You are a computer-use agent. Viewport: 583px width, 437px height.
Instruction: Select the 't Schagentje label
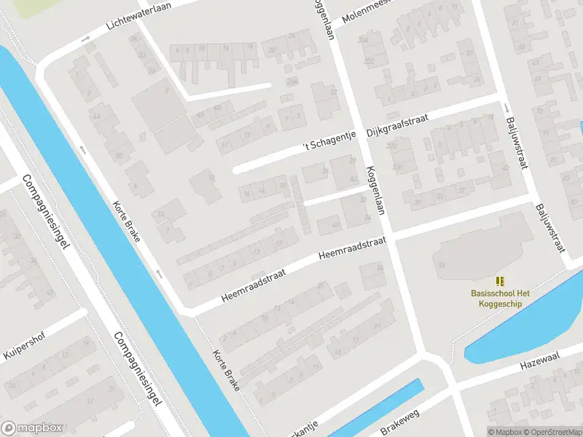click(327, 145)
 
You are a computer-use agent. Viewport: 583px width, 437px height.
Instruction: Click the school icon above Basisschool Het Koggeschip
click(500, 280)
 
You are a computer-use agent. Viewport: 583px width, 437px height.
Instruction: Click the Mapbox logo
click(31, 428)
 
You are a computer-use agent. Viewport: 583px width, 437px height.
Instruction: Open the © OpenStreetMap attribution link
click(551, 432)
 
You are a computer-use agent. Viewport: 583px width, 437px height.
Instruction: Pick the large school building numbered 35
click(477, 251)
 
